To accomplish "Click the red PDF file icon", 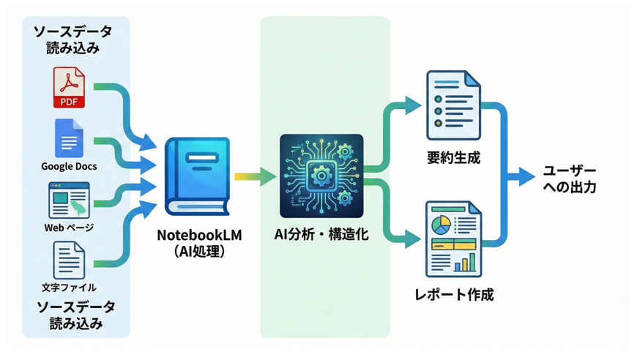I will [69, 87].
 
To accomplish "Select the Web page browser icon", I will [69, 200].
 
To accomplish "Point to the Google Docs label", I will [69, 167].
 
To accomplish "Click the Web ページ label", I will [69, 228].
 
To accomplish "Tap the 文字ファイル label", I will [69, 288].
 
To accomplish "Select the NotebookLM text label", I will [199, 235].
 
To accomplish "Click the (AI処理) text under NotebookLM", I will [199, 251].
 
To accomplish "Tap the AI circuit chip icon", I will [321, 176].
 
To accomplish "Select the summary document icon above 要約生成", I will [453, 105].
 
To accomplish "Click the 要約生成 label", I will [453, 157].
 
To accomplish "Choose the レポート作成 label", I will [453, 295].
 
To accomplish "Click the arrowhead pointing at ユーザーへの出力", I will [529, 176].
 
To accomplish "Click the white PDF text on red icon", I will [69, 100].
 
